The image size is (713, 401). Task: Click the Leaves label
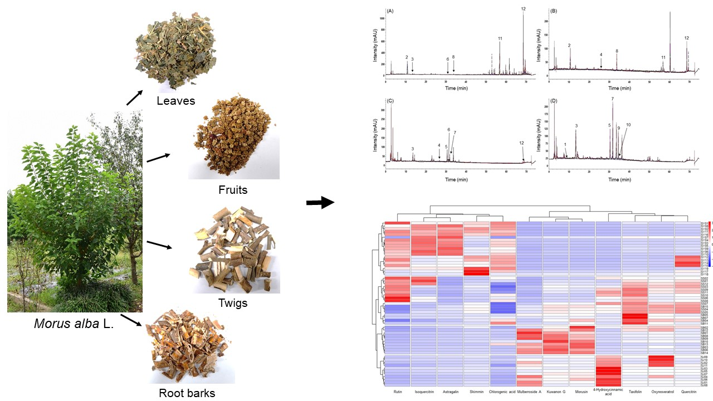(175, 101)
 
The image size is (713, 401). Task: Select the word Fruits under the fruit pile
(233, 190)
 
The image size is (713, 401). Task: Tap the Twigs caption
(233, 303)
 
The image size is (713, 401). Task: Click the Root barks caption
(187, 393)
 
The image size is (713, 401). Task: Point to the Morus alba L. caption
(74, 324)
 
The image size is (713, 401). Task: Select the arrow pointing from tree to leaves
(134, 99)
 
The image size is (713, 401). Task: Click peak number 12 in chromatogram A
(523, 9)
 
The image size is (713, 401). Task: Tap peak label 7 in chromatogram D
(612, 99)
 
